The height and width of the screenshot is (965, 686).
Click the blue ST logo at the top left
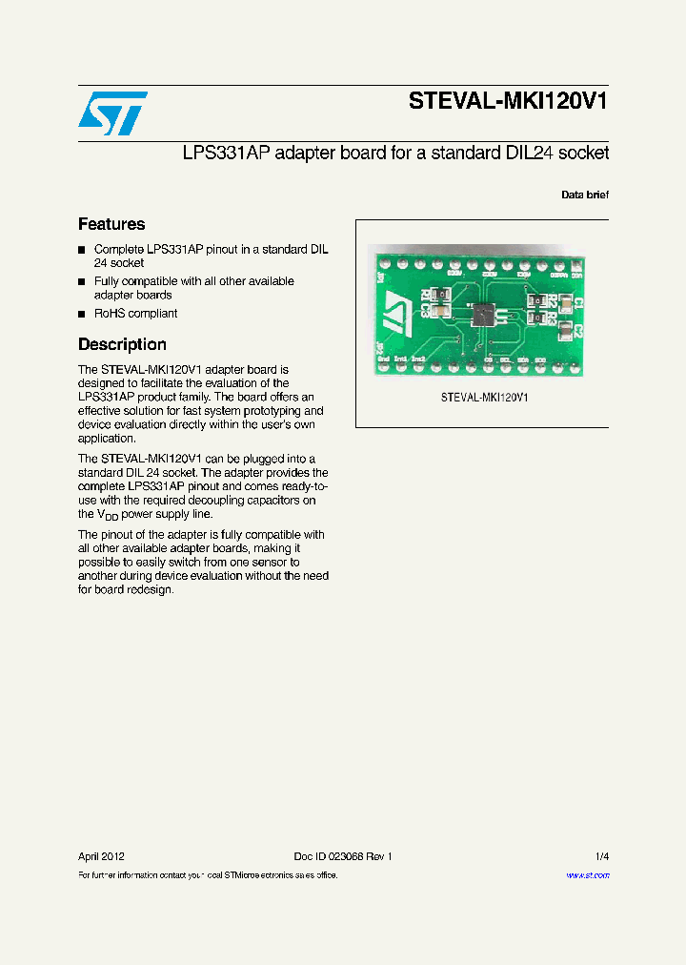(112, 113)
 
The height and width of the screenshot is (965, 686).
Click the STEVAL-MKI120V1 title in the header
(507, 102)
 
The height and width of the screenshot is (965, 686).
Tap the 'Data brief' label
(584, 195)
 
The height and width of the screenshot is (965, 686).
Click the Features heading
(111, 224)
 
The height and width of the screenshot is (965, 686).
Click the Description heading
(122, 344)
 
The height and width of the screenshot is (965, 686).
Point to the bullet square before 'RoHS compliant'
(82, 314)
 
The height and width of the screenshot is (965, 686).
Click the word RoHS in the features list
(109, 313)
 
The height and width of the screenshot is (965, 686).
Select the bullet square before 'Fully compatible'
(82, 282)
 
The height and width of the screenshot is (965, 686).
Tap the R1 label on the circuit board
(424, 297)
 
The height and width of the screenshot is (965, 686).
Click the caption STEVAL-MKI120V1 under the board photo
(484, 397)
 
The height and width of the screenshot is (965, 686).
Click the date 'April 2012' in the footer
(101, 856)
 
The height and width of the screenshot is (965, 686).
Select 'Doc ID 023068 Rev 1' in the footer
(342, 856)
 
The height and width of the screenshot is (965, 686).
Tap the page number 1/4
(601, 856)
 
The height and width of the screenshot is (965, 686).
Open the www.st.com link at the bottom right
(588, 875)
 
